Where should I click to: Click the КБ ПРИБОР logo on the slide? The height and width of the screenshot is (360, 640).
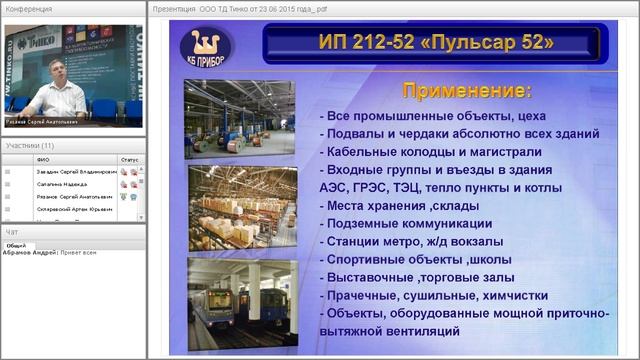pos(205,47)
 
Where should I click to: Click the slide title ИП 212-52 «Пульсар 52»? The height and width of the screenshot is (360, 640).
pos(434,44)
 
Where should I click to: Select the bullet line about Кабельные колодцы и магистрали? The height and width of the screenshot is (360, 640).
pos(430,152)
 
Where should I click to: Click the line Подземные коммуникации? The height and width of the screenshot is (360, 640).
pos(405,223)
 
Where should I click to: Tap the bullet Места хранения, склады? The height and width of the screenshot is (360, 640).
pos(399,205)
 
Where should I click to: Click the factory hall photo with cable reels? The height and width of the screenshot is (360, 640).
pos(240,119)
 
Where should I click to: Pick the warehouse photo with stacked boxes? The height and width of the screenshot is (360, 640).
pos(240,207)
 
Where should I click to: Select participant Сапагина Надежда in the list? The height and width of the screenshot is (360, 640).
pos(61,184)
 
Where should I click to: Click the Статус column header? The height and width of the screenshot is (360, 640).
pos(130,159)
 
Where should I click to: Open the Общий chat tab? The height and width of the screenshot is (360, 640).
pos(16,244)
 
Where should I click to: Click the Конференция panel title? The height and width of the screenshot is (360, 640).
pos(29,8)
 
